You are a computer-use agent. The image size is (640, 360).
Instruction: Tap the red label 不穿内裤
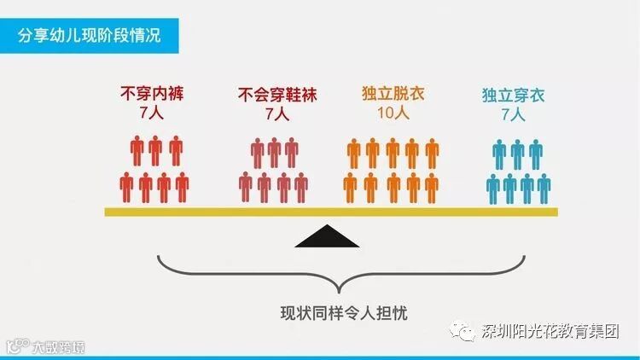154,94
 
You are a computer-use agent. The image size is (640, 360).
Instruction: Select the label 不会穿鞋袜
276,95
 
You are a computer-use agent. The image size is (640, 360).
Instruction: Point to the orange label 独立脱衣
393,94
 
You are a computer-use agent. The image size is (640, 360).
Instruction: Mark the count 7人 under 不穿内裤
154,113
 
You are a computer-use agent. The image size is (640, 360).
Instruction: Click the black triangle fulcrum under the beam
325,236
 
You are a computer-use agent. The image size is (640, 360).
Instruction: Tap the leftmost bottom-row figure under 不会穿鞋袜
246,186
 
